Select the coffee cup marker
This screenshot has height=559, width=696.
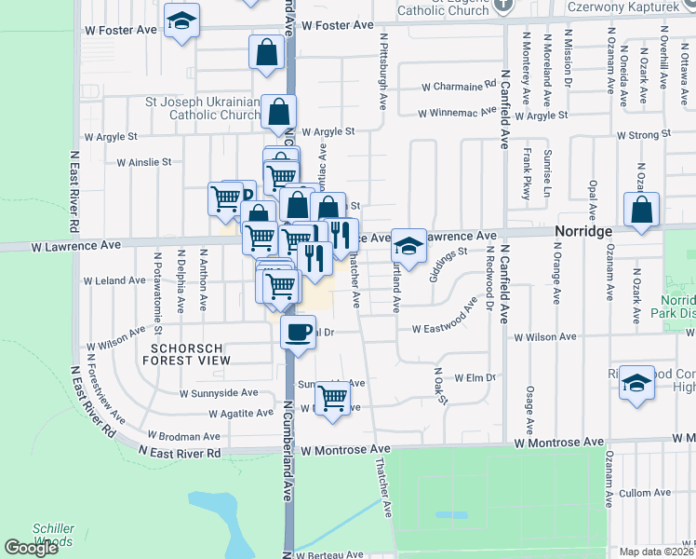coord(298,334)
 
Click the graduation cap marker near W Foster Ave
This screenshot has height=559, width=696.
coord(182,20)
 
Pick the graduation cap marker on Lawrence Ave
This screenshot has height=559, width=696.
coord(408,246)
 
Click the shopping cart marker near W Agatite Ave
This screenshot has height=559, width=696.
coord(332,399)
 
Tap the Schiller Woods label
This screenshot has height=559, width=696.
coord(53,535)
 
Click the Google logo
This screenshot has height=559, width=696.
coord(31,548)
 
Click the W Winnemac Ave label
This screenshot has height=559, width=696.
coord(456,114)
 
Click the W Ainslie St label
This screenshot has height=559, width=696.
coord(143,161)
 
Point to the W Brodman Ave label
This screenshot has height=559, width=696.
coord(185,436)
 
